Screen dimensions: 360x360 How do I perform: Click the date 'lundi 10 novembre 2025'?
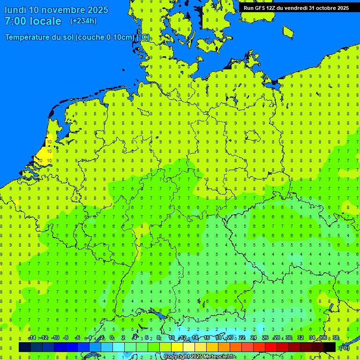tap(56, 10)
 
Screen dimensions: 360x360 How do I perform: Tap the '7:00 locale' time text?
tap(33, 21)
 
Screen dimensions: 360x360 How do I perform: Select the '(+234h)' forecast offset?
tap(83, 21)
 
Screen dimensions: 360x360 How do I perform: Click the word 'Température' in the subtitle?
tap(28, 37)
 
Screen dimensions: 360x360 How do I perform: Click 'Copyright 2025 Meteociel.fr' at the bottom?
tap(199, 357)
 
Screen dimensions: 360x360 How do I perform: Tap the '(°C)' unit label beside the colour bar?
tap(344, 347)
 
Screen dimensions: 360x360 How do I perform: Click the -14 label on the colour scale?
tap(32, 338)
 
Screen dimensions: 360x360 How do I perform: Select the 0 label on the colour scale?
tap(112, 338)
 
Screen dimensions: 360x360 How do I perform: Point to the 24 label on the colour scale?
tap(254, 338)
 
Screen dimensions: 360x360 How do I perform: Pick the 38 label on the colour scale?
tap(336, 338)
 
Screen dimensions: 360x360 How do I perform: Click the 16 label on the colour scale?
tap(207, 338)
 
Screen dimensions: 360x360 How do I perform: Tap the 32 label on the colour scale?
tap(300, 338)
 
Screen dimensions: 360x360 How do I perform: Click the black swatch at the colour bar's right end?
tap(330, 347)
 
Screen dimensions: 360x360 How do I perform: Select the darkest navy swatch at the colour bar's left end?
tap(25, 347)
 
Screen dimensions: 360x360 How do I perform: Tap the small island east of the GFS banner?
tap(288, 31)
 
